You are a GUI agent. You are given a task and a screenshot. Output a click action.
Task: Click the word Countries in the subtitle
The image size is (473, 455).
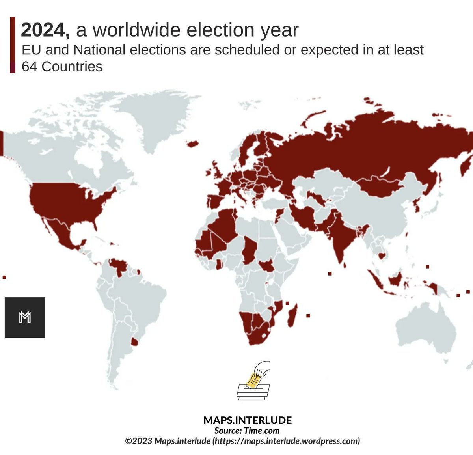72,67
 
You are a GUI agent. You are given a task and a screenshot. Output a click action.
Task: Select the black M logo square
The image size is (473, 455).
25,317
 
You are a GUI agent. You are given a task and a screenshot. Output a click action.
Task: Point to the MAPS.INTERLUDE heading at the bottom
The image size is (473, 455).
247,420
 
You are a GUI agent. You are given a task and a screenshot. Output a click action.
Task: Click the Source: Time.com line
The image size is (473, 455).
247,431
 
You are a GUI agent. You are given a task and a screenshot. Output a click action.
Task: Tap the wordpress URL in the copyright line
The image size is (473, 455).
286,441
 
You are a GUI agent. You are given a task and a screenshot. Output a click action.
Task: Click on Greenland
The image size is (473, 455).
150,118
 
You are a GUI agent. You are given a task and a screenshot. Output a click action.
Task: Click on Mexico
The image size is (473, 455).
59,231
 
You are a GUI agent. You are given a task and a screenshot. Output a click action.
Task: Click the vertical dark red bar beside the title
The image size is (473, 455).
13,45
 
